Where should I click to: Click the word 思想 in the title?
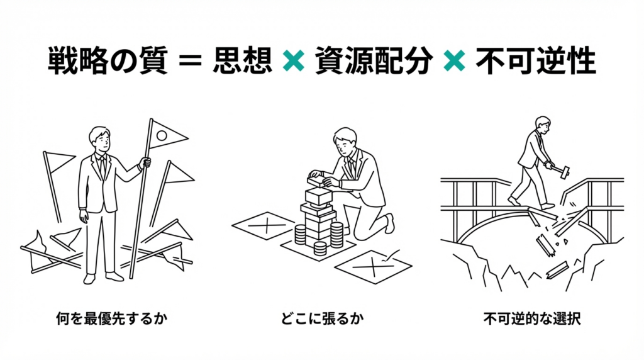coord(243,61)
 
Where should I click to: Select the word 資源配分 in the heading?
coord(374,61)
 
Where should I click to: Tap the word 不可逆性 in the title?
coord(536,61)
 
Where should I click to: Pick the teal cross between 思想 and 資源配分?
coord(294,61)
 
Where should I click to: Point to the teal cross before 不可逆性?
coord(455,61)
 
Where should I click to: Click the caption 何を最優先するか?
coord(112,318)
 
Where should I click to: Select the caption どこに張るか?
coord(322,318)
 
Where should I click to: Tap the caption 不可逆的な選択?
coord(532,318)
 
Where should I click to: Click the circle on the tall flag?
coord(162,135)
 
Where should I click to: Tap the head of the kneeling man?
coord(345,141)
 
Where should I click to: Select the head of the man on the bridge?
coord(542,125)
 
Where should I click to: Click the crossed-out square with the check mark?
coord(374,266)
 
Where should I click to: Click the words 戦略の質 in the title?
coord(108,61)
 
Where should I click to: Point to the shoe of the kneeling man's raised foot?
coord(389,223)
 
